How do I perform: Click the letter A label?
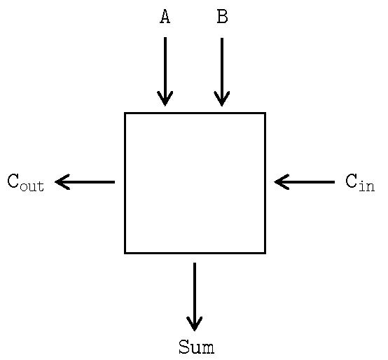tap(165, 16)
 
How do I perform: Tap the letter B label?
tap(222, 16)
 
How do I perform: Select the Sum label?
tap(197, 347)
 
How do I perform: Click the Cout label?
tap(25, 182)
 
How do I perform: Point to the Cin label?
tap(360, 182)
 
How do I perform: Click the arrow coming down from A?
tap(165, 71)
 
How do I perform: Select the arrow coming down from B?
tap(222, 72)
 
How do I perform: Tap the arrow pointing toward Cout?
tap(85, 182)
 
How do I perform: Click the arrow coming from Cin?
tap(305, 182)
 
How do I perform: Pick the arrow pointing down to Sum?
tap(195, 297)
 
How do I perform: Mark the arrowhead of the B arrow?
tap(222, 99)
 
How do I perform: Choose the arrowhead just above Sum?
tap(195, 324)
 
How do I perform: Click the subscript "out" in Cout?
tap(32, 186)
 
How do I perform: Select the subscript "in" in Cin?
tap(367, 186)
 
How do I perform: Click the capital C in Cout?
tap(13, 181)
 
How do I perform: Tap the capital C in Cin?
tap(352, 181)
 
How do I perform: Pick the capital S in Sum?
tap(184, 347)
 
